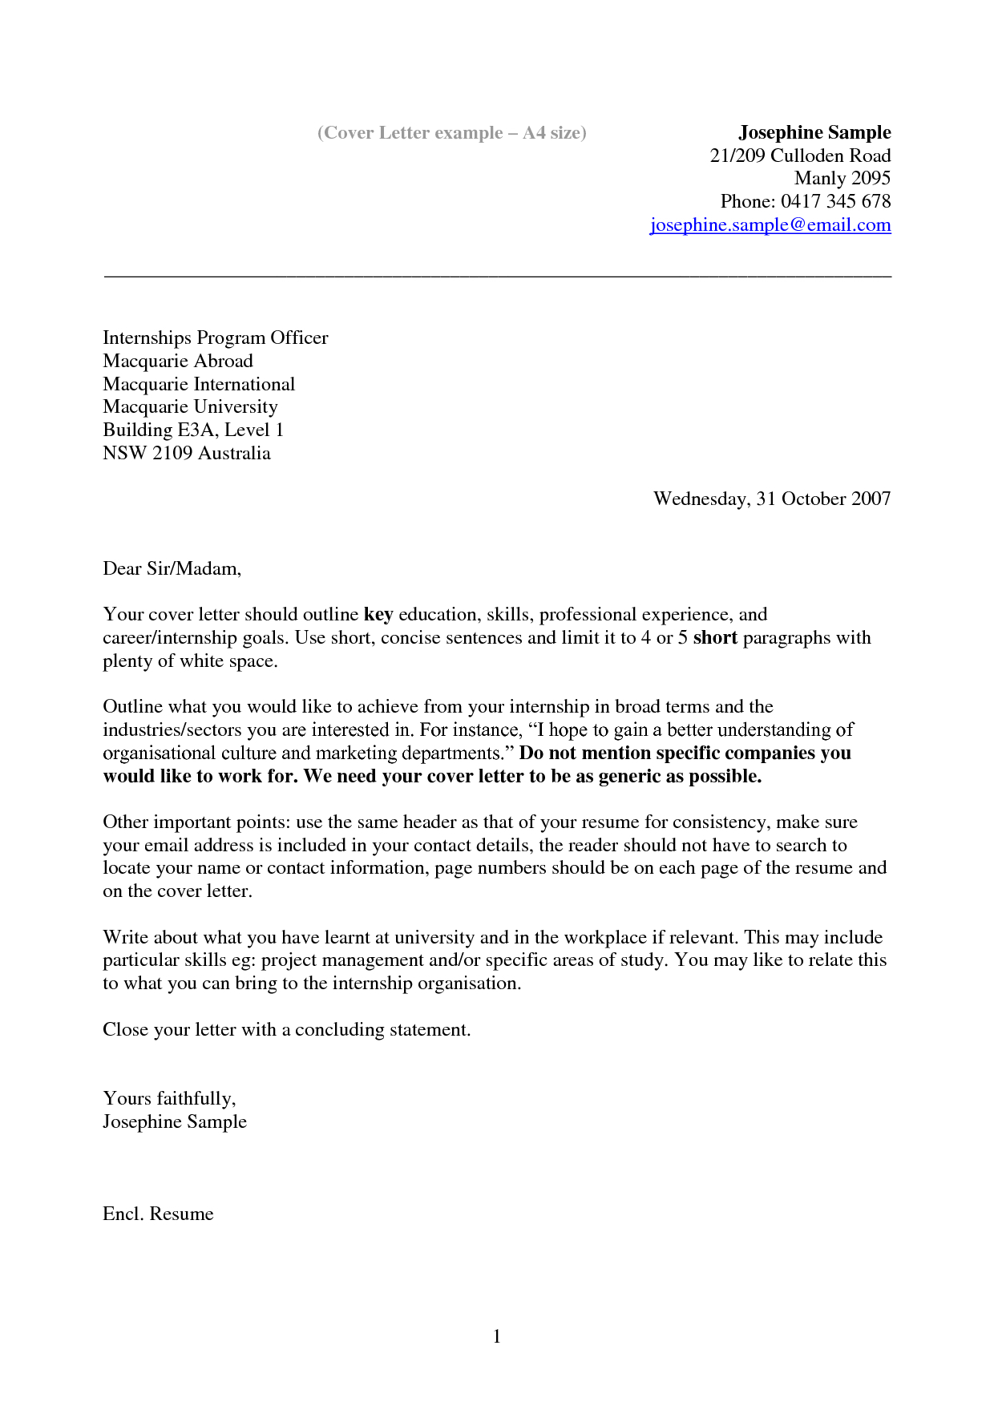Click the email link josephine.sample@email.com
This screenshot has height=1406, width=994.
pyautogui.click(x=770, y=225)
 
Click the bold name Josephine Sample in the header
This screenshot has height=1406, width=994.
pyautogui.click(x=814, y=132)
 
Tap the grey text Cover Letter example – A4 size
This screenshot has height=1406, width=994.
pyautogui.click(x=452, y=133)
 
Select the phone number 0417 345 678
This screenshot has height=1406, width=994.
pyautogui.click(x=835, y=201)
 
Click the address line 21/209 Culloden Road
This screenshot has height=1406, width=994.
pyautogui.click(x=800, y=156)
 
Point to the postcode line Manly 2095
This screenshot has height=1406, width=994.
pyautogui.click(x=842, y=178)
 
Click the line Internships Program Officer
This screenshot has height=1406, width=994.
pyautogui.click(x=215, y=337)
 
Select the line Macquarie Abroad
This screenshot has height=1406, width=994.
pyautogui.click(x=178, y=361)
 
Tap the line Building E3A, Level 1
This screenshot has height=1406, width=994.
pyautogui.click(x=192, y=430)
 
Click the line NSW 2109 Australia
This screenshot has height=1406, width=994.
pyautogui.click(x=186, y=453)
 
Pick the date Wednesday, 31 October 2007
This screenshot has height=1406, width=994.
pyautogui.click(x=771, y=499)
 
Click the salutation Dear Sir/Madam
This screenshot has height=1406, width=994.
pyautogui.click(x=172, y=568)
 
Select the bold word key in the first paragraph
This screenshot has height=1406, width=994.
pyautogui.click(x=378, y=615)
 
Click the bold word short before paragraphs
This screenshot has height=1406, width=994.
pyautogui.click(x=714, y=638)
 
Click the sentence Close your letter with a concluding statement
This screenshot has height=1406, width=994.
pyautogui.click(x=286, y=1029)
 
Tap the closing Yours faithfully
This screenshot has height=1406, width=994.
pyautogui.click(x=168, y=1098)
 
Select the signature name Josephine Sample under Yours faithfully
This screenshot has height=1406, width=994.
pyautogui.click(x=174, y=1121)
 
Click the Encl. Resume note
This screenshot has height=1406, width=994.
pyautogui.click(x=158, y=1214)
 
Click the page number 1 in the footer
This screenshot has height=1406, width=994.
pyautogui.click(x=497, y=1336)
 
